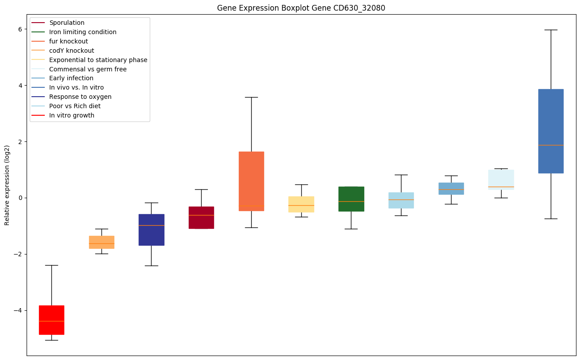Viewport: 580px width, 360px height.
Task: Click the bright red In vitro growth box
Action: tap(51, 320)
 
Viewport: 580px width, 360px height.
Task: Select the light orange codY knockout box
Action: tap(101, 242)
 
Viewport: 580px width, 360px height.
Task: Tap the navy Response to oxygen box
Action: tap(151, 230)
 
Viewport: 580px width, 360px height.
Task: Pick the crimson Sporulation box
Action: tap(201, 217)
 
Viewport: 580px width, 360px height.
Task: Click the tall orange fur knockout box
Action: tap(251, 181)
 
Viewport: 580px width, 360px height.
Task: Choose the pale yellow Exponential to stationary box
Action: tap(301, 204)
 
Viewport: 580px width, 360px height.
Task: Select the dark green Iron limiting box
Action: tap(351, 199)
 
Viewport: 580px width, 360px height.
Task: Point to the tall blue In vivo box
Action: tap(551, 131)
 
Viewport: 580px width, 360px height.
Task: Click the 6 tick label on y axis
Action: tap(20, 29)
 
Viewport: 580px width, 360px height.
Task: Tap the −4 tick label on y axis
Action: tap(19, 310)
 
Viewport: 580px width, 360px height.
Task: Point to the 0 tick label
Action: tap(20, 198)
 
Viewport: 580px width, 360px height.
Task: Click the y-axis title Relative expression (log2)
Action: tap(7, 185)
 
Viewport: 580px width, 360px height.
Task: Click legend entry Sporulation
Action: tap(67, 23)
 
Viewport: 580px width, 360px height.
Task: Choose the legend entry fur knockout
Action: tap(69, 41)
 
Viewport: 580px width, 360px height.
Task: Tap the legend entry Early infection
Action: tap(71, 78)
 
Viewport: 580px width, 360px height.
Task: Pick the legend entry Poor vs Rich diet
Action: tap(75, 106)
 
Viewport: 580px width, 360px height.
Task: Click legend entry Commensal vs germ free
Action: tap(88, 69)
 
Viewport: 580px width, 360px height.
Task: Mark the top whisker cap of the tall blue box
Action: tap(551, 30)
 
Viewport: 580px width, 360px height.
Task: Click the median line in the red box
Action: tap(51, 321)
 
